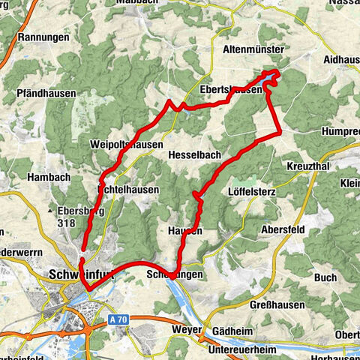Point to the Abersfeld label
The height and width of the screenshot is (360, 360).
coord(283,229)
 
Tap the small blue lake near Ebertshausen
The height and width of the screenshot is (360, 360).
coord(269,76)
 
